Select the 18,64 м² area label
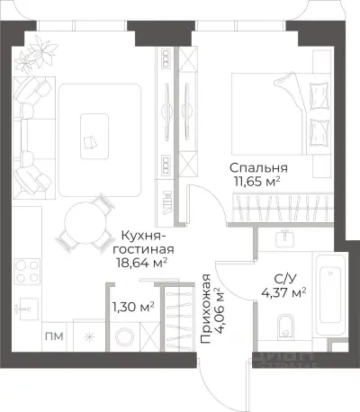143,264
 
